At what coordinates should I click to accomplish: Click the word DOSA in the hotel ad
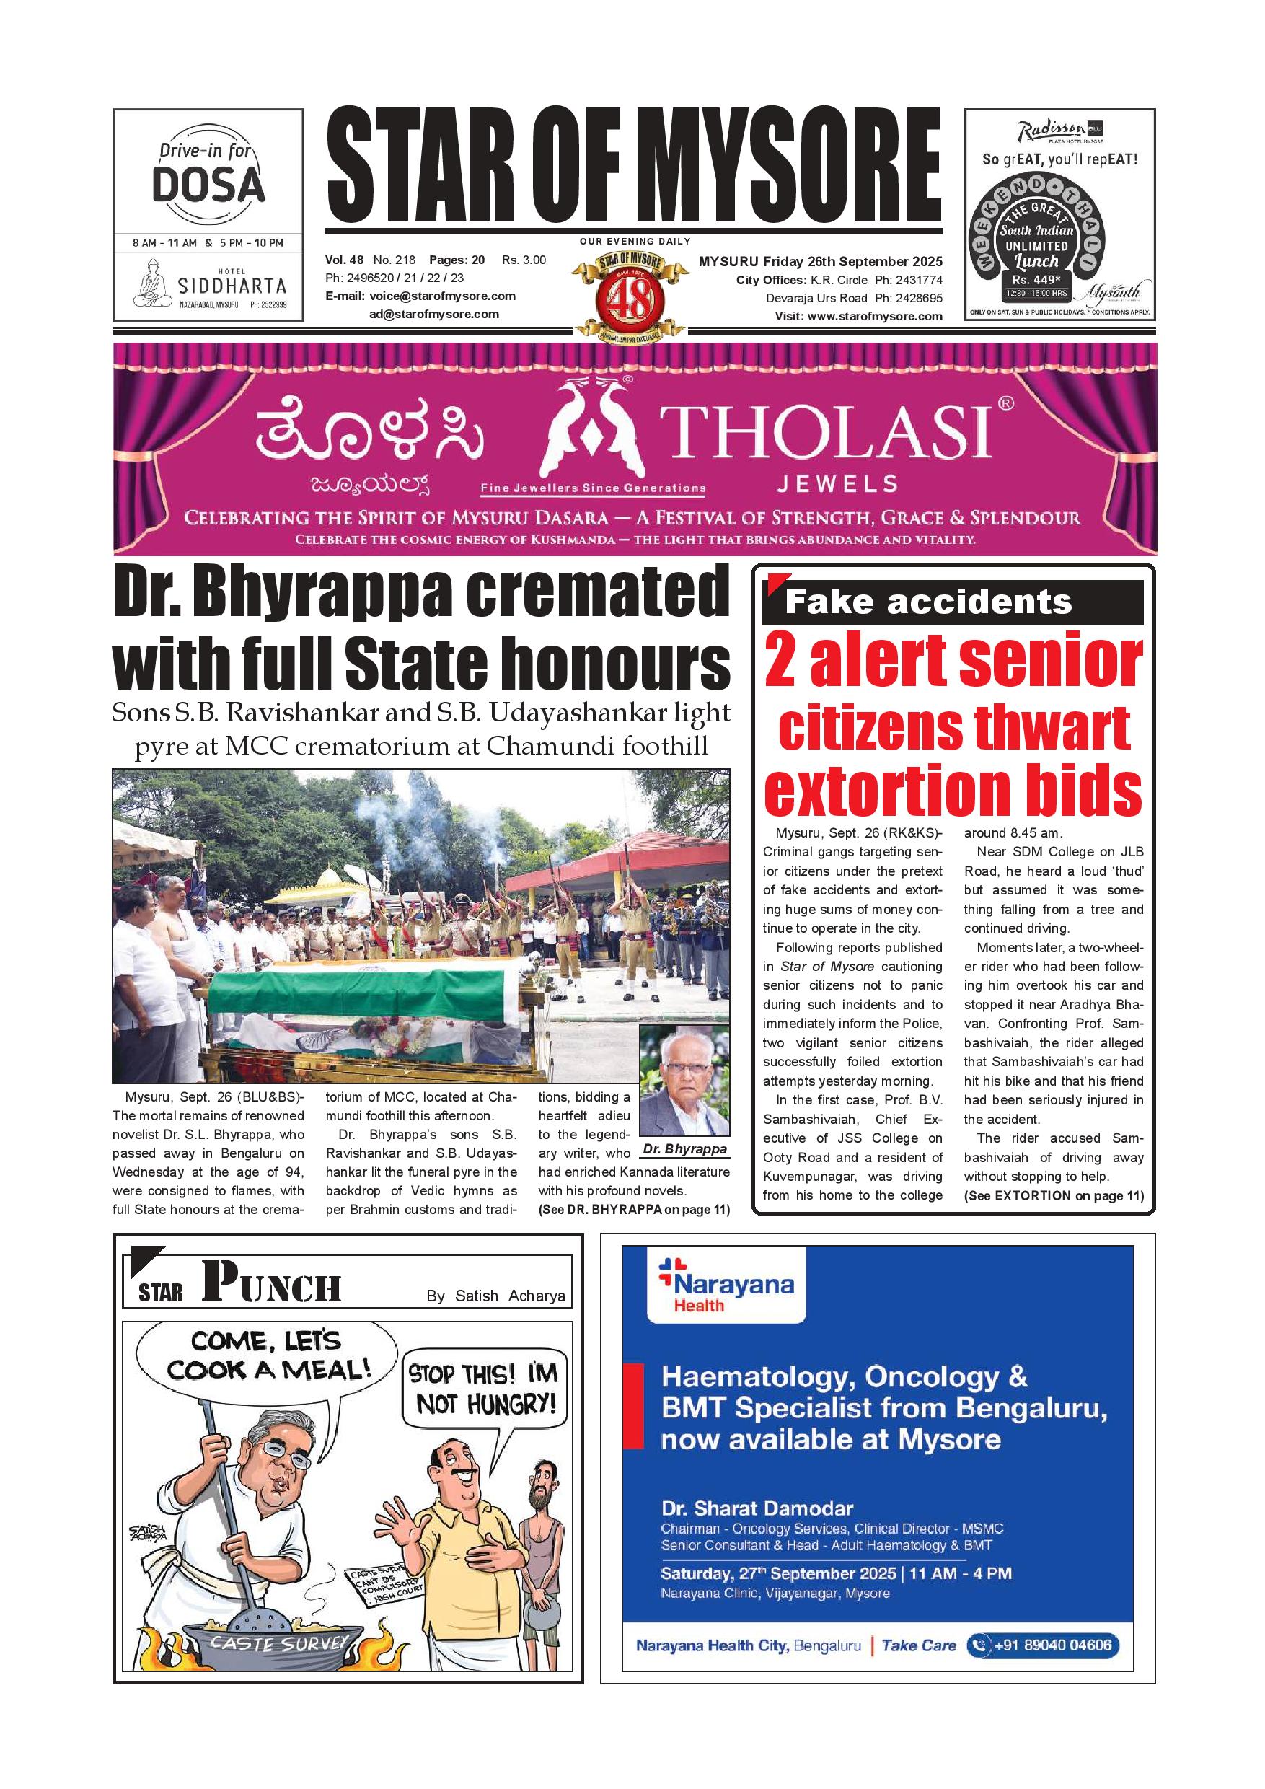pyautogui.click(x=208, y=185)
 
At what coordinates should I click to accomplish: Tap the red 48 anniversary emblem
pyautogui.click(x=630, y=299)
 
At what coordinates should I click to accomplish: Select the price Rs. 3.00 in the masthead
pyautogui.click(x=524, y=260)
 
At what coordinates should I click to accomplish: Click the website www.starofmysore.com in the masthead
pyautogui.click(x=875, y=317)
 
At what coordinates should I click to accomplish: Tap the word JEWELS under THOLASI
pyautogui.click(x=837, y=484)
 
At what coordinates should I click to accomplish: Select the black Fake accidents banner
pyautogui.click(x=952, y=602)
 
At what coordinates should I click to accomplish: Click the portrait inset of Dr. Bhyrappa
pyautogui.click(x=684, y=1080)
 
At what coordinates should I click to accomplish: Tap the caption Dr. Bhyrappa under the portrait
pyautogui.click(x=684, y=1149)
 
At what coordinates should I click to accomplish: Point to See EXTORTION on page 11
pyautogui.click(x=1053, y=1196)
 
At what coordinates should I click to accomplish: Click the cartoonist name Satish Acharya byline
pyautogui.click(x=495, y=1296)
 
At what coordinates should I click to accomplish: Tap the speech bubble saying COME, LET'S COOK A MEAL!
pyautogui.click(x=267, y=1355)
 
